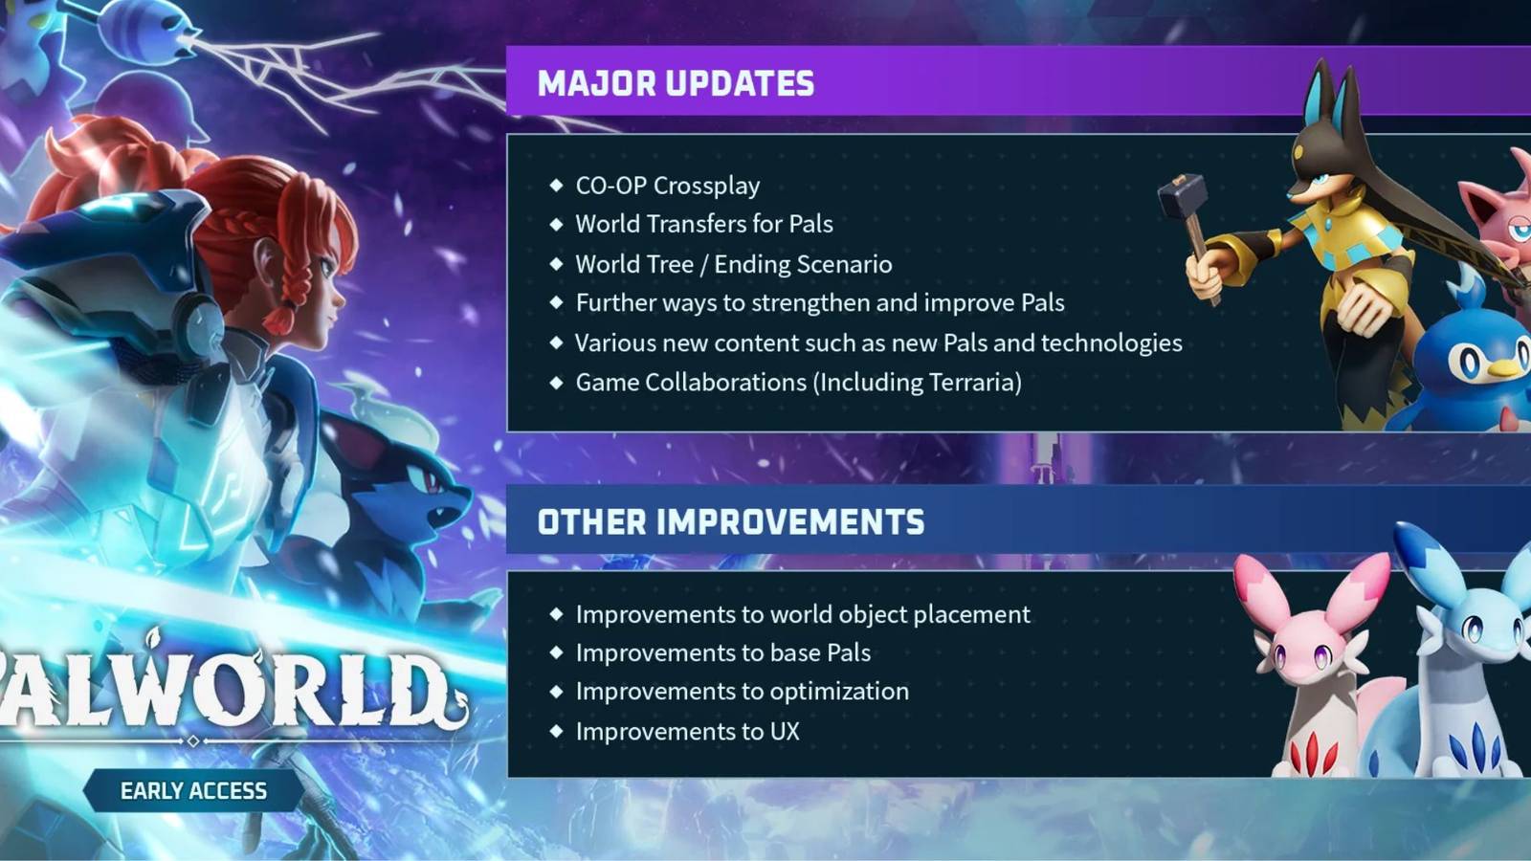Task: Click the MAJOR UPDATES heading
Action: [676, 83]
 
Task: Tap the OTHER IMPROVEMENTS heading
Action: [731, 522]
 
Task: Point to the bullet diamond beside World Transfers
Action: [557, 224]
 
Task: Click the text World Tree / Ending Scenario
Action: [733, 264]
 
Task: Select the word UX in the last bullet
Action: [785, 732]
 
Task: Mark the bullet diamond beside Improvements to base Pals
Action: [557, 652]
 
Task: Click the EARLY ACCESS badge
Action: [193, 791]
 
